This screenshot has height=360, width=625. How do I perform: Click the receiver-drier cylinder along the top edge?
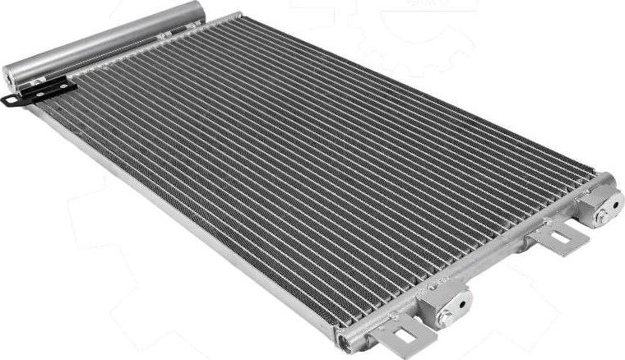107,41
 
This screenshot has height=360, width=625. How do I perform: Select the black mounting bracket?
41,93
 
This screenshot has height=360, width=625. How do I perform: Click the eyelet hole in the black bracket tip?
10,101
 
